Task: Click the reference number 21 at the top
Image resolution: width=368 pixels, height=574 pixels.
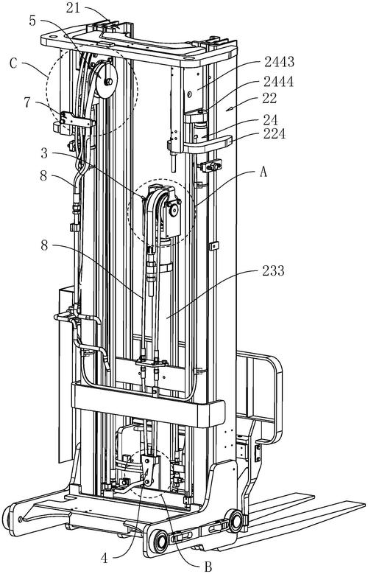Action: pyautogui.click(x=73, y=8)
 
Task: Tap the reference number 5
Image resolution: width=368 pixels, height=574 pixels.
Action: pyautogui.click(x=32, y=21)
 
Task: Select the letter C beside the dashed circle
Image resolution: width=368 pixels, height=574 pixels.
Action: pyautogui.click(x=13, y=63)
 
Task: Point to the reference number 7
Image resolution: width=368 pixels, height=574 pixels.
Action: pyautogui.click(x=27, y=102)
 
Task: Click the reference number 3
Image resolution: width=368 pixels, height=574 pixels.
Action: pyautogui.click(x=44, y=153)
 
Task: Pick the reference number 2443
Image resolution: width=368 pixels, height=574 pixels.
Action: pyautogui.click(x=279, y=62)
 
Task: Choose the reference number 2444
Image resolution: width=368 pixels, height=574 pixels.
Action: pyautogui.click(x=279, y=81)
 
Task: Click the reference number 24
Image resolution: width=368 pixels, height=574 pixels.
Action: pyautogui.click(x=270, y=120)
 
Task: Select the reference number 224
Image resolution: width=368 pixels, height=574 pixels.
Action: pyautogui.click(x=275, y=134)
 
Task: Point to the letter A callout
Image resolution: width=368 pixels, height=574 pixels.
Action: pyautogui.click(x=263, y=172)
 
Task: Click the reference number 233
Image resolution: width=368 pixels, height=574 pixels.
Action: pyautogui.click(x=273, y=271)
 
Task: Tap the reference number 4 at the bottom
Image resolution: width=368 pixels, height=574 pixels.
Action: pyautogui.click(x=105, y=558)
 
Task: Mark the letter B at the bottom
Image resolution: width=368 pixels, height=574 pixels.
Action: pyautogui.click(x=208, y=567)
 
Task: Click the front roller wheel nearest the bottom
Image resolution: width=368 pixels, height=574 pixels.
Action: pyautogui.click(x=160, y=539)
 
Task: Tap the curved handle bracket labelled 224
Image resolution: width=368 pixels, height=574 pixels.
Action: pyautogui.click(x=208, y=144)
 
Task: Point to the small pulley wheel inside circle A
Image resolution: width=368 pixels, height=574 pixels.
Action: pyautogui.click(x=173, y=210)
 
